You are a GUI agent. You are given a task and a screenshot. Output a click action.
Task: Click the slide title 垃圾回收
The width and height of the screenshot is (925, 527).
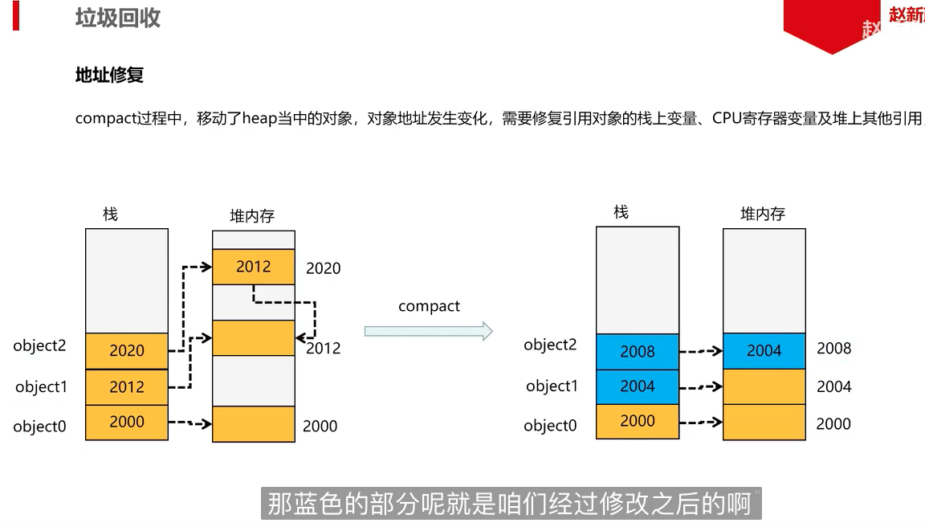118,18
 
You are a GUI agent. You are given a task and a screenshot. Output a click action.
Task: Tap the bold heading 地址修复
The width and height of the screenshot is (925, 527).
109,76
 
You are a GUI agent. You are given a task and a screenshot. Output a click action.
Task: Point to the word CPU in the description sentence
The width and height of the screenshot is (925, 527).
728,119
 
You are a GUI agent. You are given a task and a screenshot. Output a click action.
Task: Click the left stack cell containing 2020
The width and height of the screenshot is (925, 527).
127,351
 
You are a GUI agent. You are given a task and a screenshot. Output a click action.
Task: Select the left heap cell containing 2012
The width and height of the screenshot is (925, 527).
253,267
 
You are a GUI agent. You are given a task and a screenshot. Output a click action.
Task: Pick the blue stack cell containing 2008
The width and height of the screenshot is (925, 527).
638,352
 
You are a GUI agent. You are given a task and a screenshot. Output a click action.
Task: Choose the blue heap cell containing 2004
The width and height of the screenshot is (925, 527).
764,351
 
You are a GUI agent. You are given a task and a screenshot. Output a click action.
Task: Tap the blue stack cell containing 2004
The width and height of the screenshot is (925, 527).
638,386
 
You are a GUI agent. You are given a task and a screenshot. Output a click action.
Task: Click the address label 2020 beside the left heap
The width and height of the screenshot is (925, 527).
323,268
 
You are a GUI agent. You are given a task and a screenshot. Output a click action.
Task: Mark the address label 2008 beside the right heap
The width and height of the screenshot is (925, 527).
833,349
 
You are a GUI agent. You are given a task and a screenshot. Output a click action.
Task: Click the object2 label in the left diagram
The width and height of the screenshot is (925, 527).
39,345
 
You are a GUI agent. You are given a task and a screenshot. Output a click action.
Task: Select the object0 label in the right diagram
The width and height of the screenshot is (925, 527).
550,425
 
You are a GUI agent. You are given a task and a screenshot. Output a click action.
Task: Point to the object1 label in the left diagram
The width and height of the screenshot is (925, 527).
41,386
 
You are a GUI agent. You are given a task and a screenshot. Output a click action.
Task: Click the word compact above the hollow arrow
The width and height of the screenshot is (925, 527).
429,306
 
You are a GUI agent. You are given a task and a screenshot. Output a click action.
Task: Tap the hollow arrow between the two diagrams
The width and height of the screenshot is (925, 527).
428,331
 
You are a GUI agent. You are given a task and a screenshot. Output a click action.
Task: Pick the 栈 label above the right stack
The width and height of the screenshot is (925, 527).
621,212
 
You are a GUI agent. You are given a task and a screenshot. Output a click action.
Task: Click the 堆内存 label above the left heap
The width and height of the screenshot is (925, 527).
252,215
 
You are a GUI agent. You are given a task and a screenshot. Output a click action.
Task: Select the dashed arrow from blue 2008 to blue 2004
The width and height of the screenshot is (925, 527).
701,351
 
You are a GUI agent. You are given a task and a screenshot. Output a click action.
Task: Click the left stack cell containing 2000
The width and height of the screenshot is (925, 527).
127,422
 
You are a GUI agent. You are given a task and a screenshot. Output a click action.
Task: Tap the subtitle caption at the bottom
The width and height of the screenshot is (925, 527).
510,504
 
